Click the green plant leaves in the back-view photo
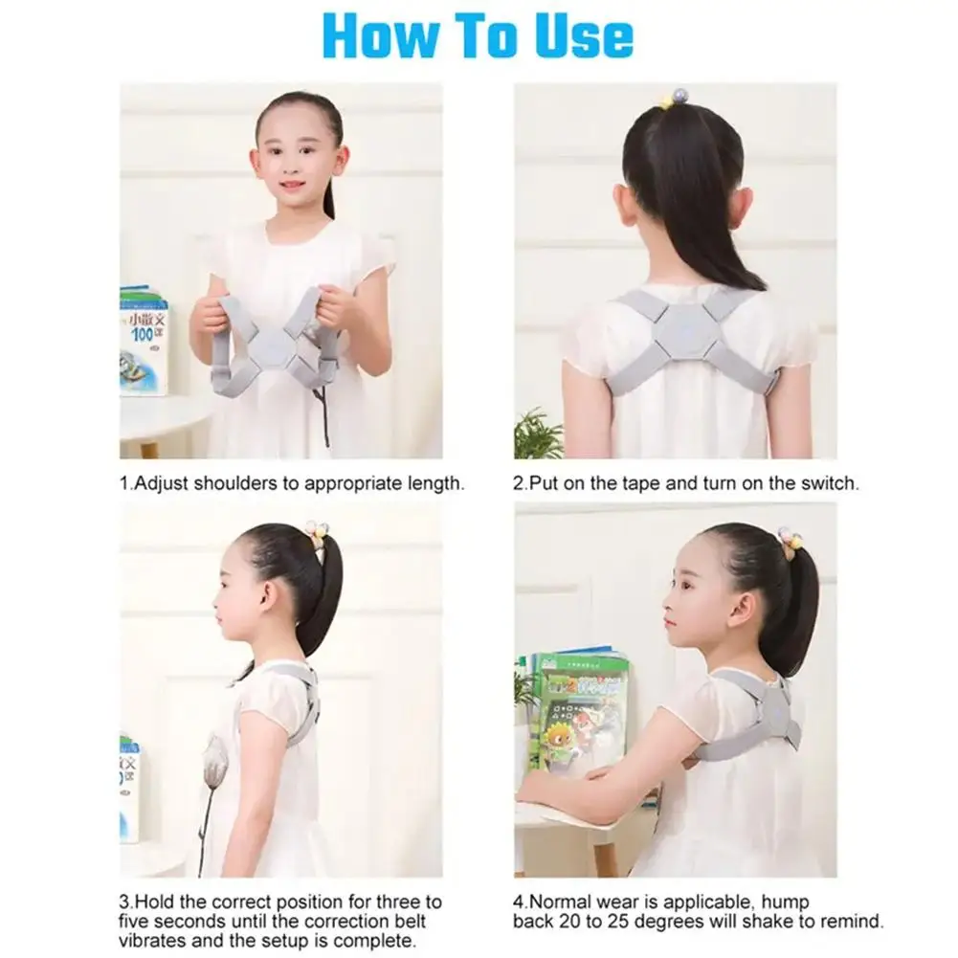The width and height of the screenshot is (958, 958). coord(538,433)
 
